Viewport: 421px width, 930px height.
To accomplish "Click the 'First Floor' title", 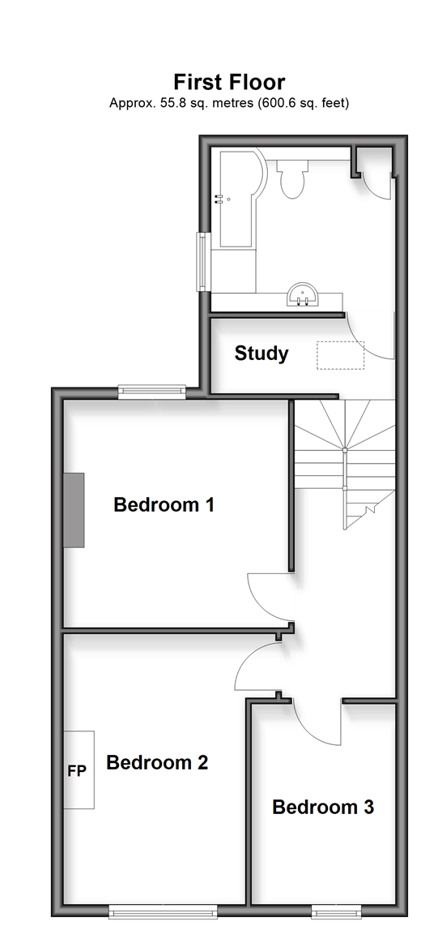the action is click(x=229, y=82).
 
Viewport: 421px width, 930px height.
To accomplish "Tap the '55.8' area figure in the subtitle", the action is click(x=171, y=103).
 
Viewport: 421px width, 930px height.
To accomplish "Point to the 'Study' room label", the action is click(x=262, y=354).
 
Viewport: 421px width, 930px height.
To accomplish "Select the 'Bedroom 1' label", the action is click(x=164, y=505).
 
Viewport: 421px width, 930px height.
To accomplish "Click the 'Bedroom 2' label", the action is click(x=157, y=762).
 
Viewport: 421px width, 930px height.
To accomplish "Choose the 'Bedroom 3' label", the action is click(x=323, y=808).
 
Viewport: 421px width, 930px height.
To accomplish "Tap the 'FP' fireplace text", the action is click(x=77, y=771).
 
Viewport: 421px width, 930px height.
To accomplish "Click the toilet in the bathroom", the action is click(x=292, y=178).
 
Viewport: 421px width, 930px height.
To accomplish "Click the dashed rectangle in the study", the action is click(x=341, y=355).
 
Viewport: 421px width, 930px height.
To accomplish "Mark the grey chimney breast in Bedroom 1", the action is click(x=74, y=509).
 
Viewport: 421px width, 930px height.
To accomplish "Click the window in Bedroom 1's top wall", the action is click(x=152, y=390).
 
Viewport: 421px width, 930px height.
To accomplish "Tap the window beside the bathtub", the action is click(x=202, y=261).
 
